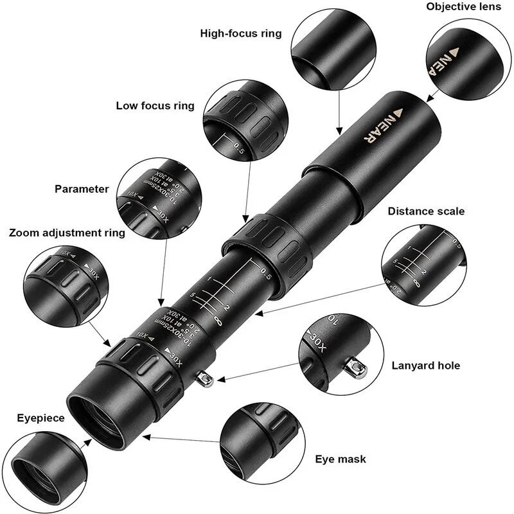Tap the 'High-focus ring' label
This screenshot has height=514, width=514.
click(241, 33)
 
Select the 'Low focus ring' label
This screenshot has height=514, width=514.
click(155, 106)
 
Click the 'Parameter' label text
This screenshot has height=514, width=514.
click(82, 189)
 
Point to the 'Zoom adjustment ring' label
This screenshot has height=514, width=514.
click(67, 233)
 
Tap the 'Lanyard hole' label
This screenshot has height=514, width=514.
click(425, 366)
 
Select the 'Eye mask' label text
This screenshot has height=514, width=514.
click(341, 459)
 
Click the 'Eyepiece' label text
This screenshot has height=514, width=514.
click(40, 418)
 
